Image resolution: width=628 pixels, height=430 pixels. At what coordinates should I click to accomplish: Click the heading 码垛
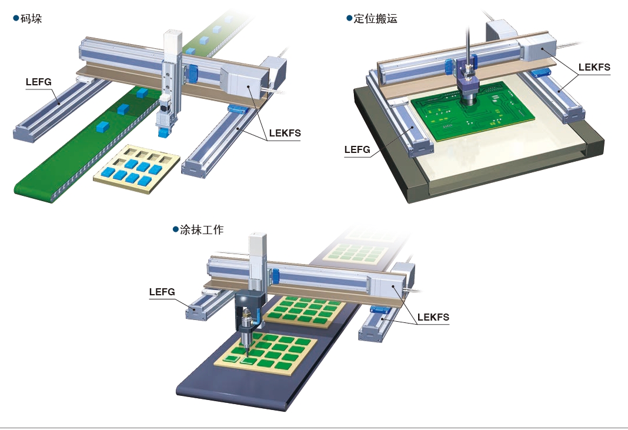pos(31,18)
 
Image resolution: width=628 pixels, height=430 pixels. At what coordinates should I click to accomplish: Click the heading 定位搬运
pos(375,18)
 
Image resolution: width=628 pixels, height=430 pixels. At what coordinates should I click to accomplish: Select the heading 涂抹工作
pos(202,229)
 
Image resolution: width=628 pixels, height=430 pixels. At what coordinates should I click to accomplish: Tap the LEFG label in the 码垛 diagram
pos(39,82)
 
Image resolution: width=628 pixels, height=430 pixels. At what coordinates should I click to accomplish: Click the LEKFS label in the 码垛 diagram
pos(285,133)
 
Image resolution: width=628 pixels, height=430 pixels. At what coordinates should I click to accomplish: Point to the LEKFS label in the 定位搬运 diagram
pos(594,67)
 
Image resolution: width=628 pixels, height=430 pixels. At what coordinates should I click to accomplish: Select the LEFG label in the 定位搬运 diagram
pos(358,150)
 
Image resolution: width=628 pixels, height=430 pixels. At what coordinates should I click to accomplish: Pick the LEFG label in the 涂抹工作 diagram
pos(162,292)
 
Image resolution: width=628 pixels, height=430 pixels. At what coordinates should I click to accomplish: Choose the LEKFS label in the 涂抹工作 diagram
pos(433,318)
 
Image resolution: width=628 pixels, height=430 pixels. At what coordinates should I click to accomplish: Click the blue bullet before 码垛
pos(16,18)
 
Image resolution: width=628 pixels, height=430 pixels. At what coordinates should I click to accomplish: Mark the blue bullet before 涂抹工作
pos(175,229)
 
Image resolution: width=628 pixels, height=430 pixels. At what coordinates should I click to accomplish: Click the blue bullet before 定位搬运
pos(349,18)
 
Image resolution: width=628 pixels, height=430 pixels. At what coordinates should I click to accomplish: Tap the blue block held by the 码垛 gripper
pos(163,132)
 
